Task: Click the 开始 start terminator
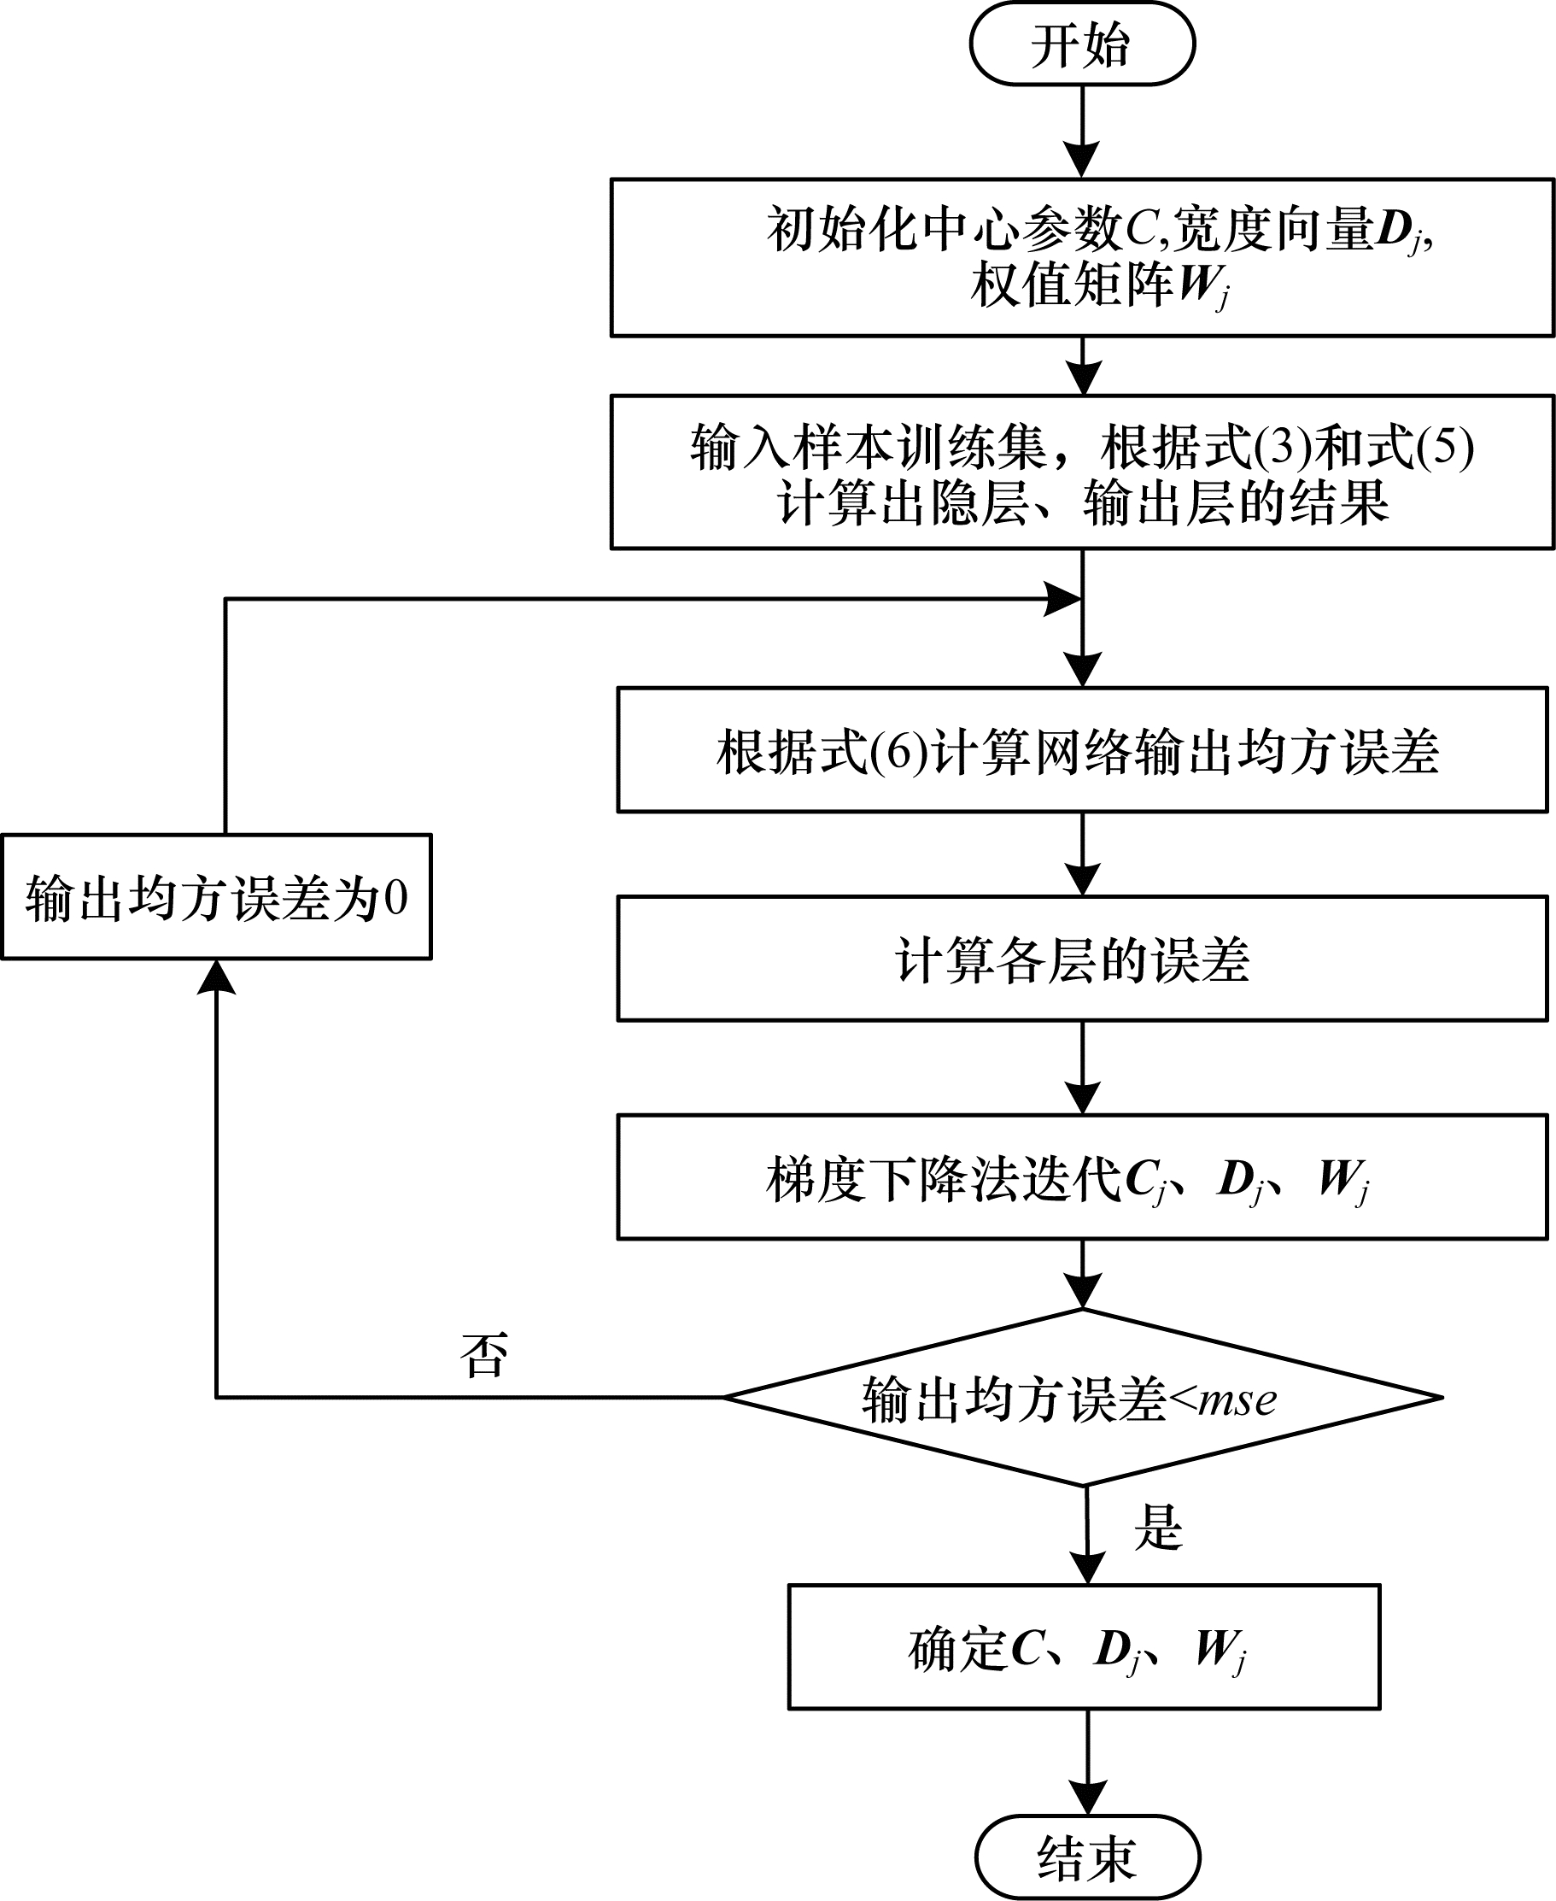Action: coord(1082,44)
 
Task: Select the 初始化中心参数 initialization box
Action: coord(1082,257)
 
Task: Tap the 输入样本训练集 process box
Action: coord(1082,472)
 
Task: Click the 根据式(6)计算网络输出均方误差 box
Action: coord(1082,749)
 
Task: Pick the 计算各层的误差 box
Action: coord(1082,959)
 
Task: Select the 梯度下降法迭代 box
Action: coord(1082,1177)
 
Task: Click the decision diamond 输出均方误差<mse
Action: coord(1082,1397)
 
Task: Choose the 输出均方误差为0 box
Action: coord(216,897)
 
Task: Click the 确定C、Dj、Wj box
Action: coord(1084,1647)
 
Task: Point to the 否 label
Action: coord(484,1354)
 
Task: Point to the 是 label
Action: coord(1158,1527)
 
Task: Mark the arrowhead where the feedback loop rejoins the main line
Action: coord(1063,599)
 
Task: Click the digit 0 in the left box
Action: coord(395,897)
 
